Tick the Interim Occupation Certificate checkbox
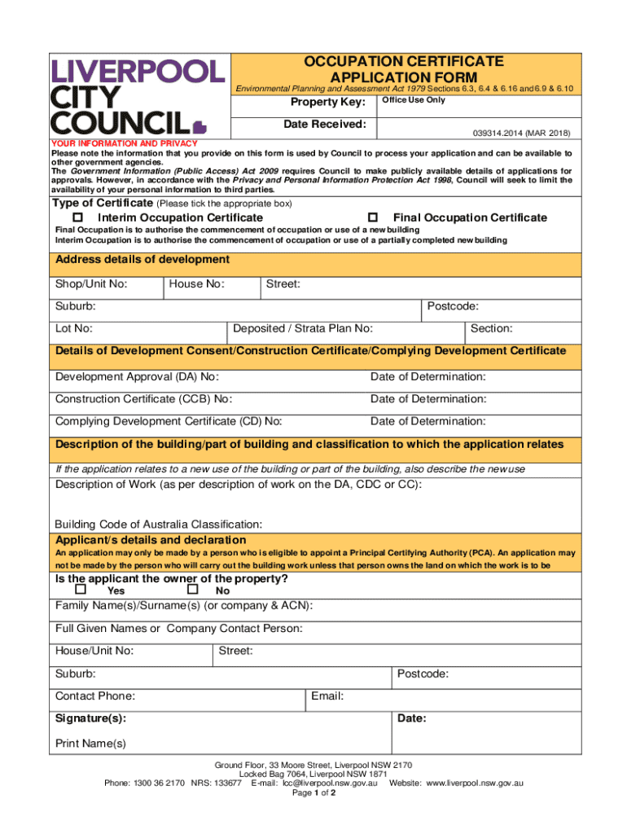78,217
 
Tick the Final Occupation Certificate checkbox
373,217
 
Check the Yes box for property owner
81,589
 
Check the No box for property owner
193,589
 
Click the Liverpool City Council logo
137,95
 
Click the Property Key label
328,102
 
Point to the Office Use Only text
414,100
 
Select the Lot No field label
73,329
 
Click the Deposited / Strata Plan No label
303,329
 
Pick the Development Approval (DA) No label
137,377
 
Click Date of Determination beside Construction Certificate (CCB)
427,399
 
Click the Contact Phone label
95,696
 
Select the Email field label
327,696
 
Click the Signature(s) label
90,719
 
